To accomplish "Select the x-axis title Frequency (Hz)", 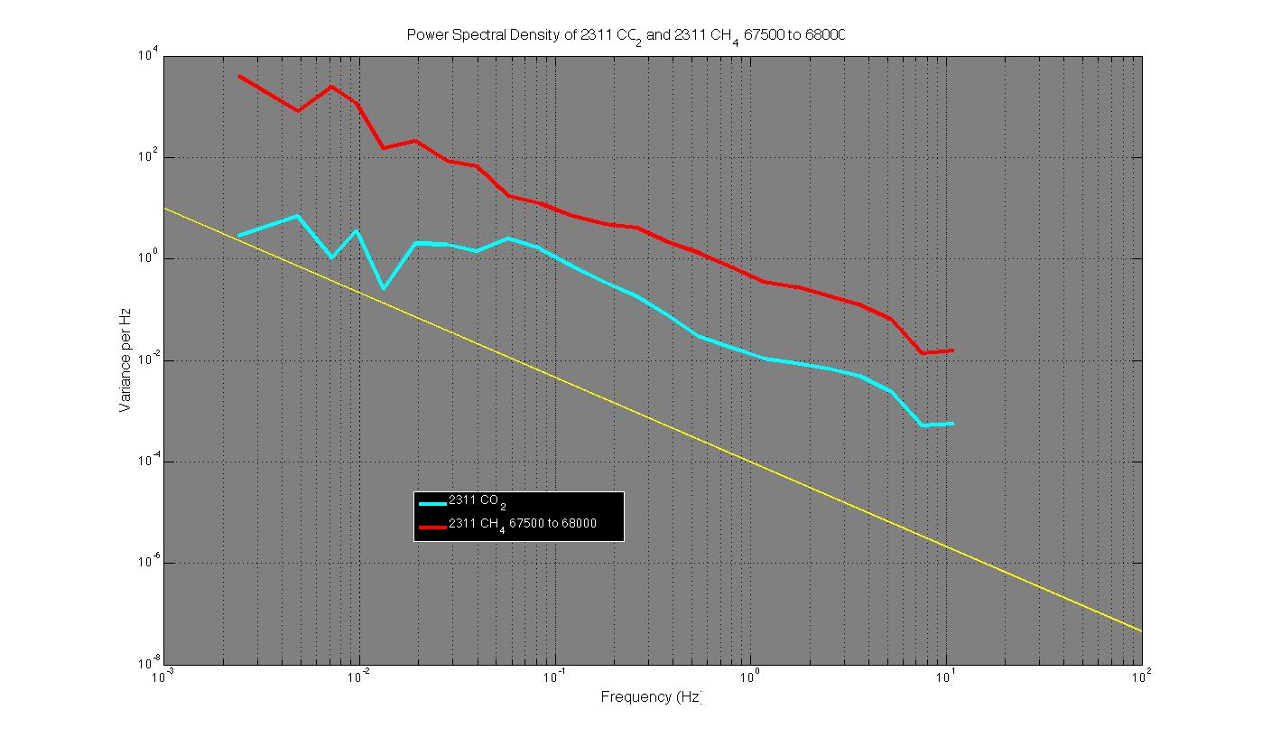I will tap(651, 697).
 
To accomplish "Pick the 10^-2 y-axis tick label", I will tap(147, 360).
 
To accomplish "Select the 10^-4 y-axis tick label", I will tap(147, 462).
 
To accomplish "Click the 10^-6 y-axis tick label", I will tap(147, 563).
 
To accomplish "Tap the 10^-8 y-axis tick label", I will tap(147, 664).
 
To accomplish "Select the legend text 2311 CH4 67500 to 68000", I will tap(523, 524).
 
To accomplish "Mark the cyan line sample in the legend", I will tap(431, 503).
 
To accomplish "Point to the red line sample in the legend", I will tap(431, 526).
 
